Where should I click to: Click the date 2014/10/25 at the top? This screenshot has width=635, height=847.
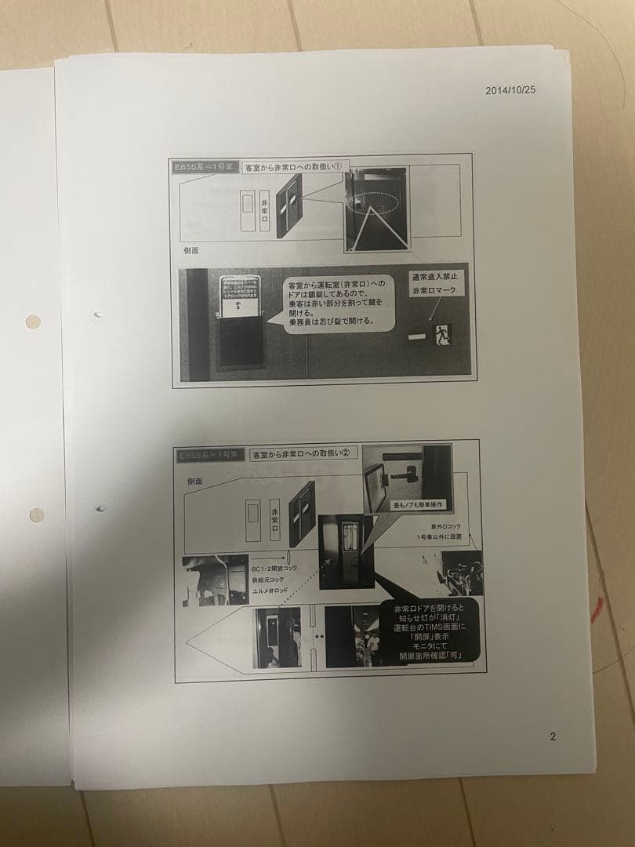tap(510, 90)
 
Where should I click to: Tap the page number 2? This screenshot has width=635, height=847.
tap(553, 736)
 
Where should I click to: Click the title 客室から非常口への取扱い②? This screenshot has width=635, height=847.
tap(303, 453)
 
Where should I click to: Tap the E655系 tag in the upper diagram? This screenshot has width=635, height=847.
tap(201, 167)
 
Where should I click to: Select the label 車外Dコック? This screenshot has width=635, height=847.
tap(445, 526)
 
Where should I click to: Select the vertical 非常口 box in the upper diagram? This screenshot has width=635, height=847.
tap(264, 211)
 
